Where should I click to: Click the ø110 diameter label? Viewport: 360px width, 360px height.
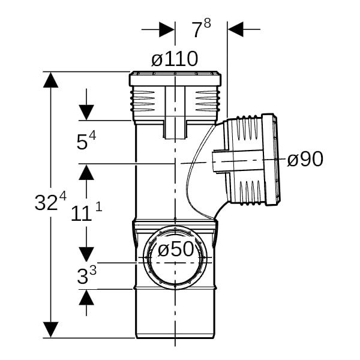coord(175,59)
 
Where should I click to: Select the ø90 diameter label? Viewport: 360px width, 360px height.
coord(305,159)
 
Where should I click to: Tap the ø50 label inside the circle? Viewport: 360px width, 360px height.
coord(176,249)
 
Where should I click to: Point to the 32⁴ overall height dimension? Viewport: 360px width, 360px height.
coord(50,202)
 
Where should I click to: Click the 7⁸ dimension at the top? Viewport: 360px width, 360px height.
coord(202,28)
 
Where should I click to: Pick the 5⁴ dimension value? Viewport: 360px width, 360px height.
coord(86,141)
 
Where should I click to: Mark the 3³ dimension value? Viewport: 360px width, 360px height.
coord(86,275)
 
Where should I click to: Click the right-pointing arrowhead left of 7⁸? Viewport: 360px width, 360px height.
coord(167,29)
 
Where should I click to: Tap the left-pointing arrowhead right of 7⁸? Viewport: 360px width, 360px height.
coord(235,29)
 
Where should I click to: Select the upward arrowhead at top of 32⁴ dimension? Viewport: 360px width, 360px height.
coord(50,80)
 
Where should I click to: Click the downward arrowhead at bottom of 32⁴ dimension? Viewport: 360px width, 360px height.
coord(50,329)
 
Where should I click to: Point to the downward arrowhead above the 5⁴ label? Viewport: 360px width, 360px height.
coord(86,113)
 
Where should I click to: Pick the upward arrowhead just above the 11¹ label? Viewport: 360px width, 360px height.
coord(86,172)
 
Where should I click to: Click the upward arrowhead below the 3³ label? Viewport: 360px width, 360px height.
coord(86,298)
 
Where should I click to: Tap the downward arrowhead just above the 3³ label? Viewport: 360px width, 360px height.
coord(86,254)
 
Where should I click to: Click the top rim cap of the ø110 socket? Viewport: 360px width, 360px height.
coord(175,79)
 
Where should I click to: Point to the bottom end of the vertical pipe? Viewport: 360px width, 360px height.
coord(175,337)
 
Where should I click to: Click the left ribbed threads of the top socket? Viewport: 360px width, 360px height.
coord(143,101)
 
